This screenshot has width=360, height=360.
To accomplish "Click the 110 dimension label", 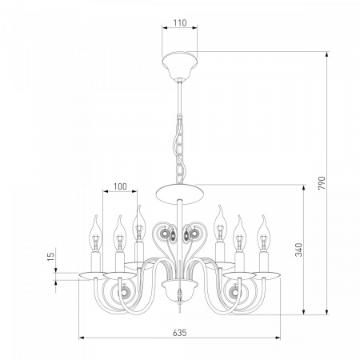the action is coord(180,23).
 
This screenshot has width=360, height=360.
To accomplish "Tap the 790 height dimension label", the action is coord(322,182).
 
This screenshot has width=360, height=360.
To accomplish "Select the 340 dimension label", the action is coord(299,250).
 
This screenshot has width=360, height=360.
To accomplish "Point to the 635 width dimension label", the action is coord(180,333).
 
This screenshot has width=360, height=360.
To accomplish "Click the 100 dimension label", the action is coord(120,186).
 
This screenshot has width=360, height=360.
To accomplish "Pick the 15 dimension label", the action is coord(50,256).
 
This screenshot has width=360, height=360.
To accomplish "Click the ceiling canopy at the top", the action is coord(180,64).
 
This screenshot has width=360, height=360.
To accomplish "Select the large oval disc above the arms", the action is coord(180,194).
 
